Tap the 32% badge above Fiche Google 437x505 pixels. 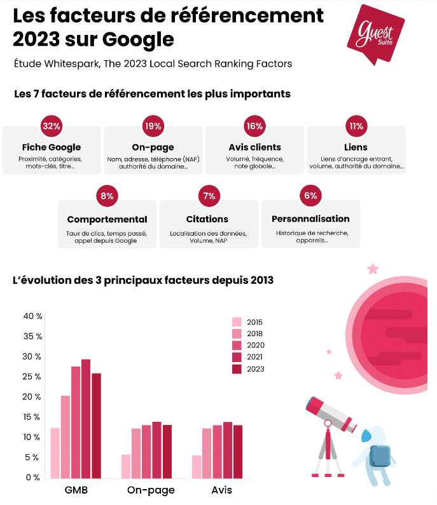52,126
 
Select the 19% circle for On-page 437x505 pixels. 153,126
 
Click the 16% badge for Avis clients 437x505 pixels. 254,126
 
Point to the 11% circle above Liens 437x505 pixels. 356,126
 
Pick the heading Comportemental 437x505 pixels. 107,219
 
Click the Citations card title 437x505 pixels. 208,219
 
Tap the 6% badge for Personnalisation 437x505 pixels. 310,196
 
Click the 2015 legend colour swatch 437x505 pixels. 237,321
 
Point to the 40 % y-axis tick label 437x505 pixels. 32,316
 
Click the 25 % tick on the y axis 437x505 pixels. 32,377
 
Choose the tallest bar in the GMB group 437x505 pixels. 85,419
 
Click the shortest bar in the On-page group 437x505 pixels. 126,466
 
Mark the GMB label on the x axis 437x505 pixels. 76,490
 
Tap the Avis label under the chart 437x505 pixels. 222,490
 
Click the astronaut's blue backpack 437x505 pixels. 380,456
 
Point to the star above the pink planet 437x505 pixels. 373,269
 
